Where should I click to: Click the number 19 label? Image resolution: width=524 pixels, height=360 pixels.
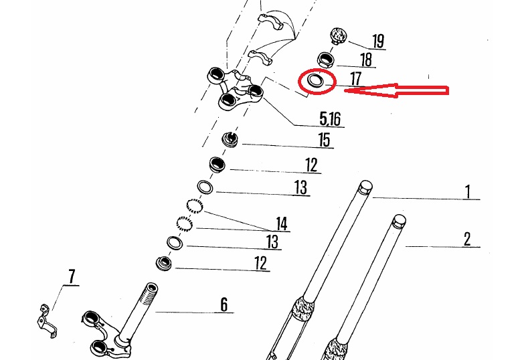(x=378, y=41)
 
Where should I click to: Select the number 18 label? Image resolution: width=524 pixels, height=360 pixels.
(x=366, y=59)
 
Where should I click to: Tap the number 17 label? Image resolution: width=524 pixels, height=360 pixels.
(x=355, y=80)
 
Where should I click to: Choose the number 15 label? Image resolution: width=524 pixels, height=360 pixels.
(x=325, y=141)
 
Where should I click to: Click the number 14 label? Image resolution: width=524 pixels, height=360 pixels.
(x=282, y=223)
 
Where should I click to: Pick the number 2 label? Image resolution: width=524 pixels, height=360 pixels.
(x=467, y=239)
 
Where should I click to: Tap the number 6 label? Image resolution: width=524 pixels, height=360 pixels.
(x=224, y=305)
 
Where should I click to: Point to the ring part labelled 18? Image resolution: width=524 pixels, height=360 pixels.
(x=326, y=60)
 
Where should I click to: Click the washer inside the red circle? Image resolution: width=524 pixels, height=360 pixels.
(x=315, y=81)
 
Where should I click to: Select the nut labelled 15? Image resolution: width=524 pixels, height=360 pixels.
(x=230, y=140)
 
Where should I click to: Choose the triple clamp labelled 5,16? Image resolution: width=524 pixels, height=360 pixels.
(x=234, y=89)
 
